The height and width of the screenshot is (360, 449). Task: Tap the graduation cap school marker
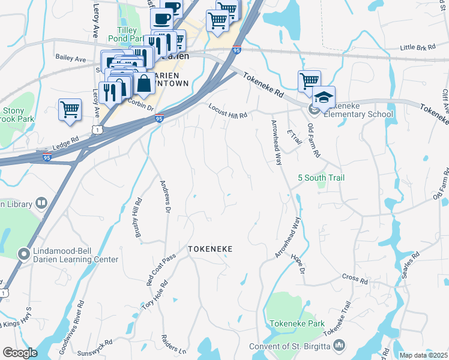[x=324, y=98]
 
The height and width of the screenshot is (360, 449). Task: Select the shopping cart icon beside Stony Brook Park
[x=70, y=110]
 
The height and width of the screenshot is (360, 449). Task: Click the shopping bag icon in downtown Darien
[x=144, y=83]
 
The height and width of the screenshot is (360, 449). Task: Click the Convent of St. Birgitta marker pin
[x=339, y=345]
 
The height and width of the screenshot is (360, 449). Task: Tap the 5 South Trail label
[x=321, y=178]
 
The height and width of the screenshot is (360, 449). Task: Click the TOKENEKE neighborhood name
[x=209, y=248]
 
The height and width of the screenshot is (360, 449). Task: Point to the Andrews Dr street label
[x=164, y=196]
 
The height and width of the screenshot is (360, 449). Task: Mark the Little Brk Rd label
[x=416, y=47]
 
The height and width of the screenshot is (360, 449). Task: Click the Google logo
[x=20, y=353]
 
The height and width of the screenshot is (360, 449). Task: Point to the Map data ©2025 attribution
[x=423, y=355]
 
